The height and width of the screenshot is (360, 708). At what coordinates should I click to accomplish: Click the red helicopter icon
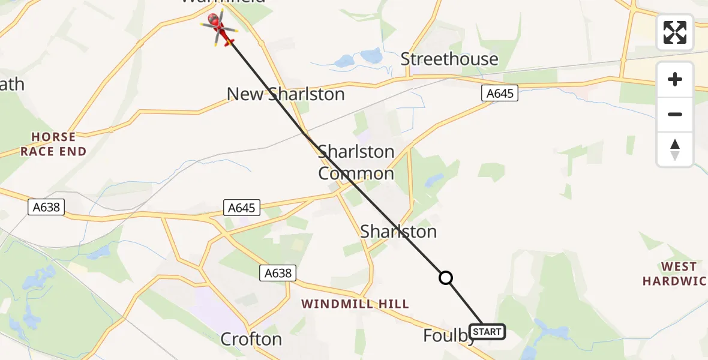(220, 27)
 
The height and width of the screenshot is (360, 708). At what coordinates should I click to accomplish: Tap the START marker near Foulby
(487, 331)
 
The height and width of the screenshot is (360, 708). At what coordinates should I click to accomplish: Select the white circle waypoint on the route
(445, 278)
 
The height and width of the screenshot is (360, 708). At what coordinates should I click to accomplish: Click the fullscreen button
(675, 32)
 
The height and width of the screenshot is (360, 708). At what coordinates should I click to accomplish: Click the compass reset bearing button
(675, 149)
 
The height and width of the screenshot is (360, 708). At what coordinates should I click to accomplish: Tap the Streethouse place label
(449, 59)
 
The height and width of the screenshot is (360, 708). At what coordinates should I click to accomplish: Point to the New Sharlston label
(286, 94)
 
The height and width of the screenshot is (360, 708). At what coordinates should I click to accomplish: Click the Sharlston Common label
(356, 163)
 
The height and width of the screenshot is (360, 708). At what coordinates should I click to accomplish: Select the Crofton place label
(251, 339)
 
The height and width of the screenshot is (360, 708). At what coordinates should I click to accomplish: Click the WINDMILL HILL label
(355, 304)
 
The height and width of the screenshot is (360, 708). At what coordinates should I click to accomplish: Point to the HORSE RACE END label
(53, 145)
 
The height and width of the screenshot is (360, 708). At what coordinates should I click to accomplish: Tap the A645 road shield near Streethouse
(499, 93)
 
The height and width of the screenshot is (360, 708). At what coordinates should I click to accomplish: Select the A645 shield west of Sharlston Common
(242, 208)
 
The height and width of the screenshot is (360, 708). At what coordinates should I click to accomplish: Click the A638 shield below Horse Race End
(46, 208)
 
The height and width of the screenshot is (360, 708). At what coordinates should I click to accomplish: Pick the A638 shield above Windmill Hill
(278, 273)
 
